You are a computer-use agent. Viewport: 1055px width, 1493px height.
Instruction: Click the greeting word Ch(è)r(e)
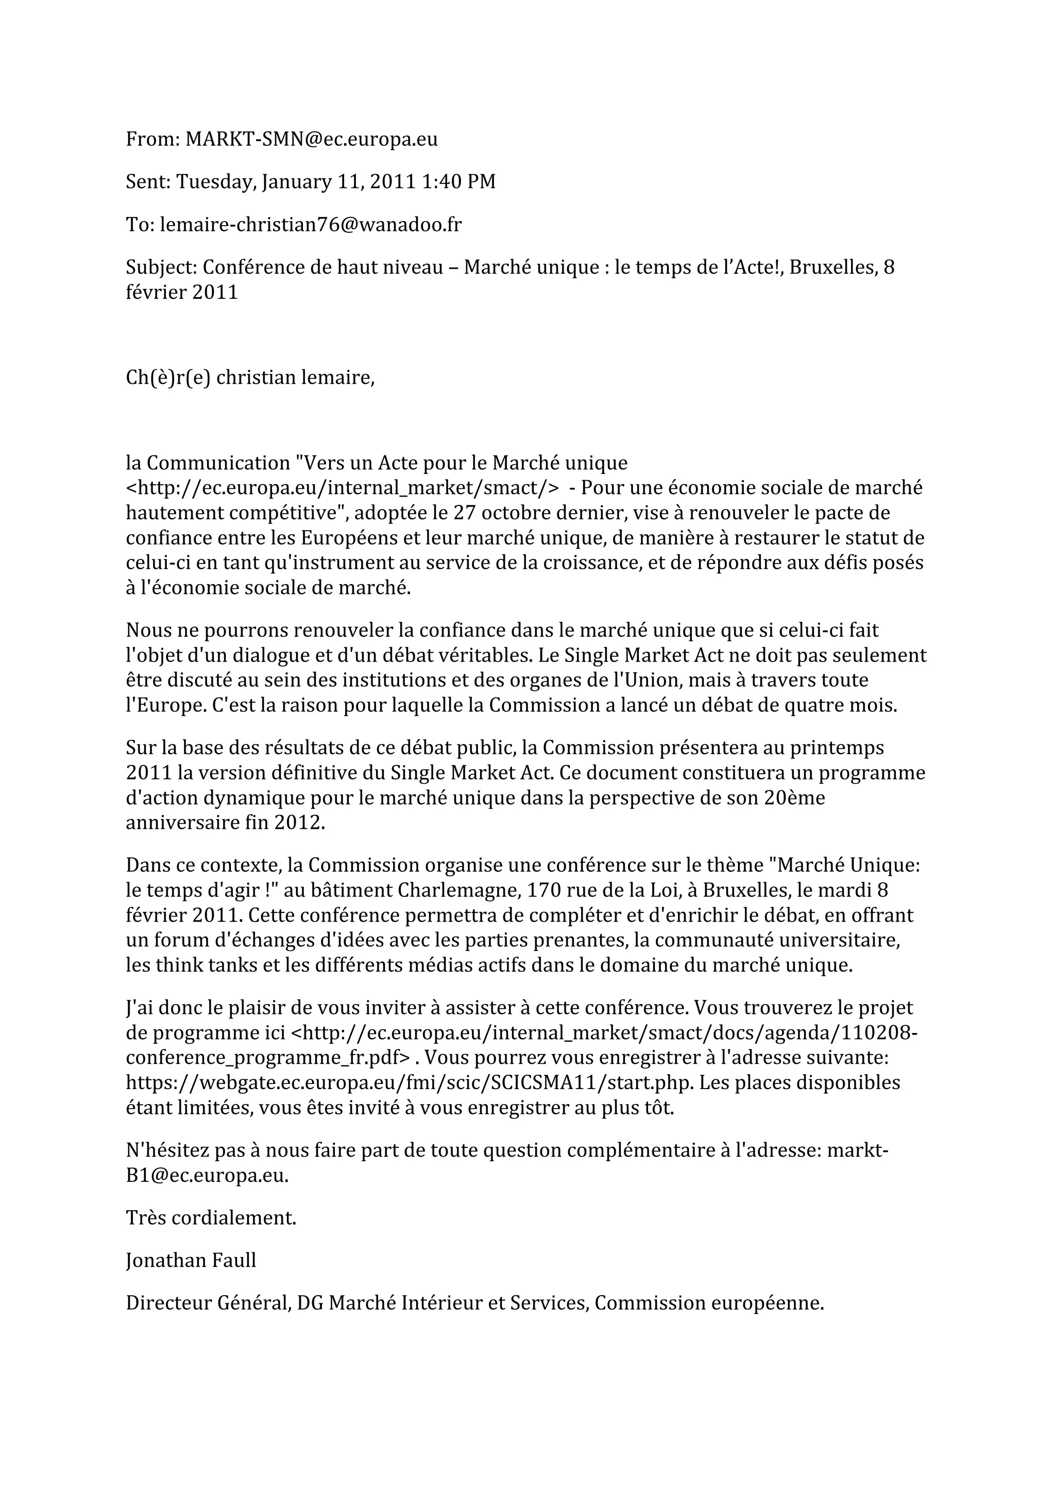168,377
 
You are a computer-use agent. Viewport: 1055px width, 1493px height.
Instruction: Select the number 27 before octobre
464,513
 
